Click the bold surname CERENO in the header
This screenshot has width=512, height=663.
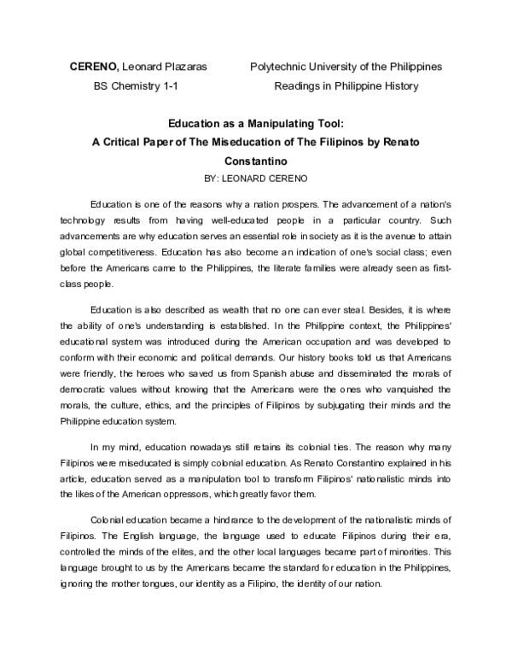point(93,67)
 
